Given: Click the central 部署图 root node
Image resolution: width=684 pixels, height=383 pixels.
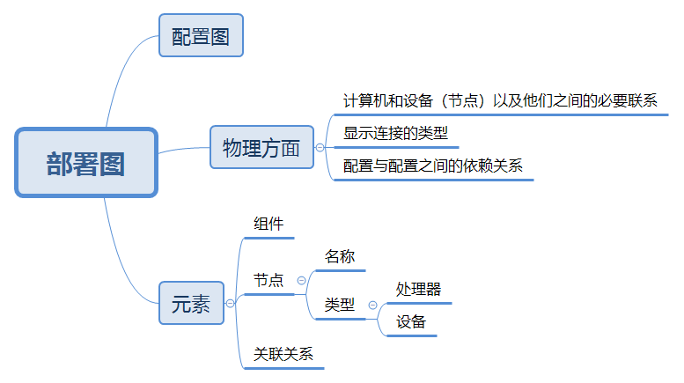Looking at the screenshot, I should (x=85, y=163).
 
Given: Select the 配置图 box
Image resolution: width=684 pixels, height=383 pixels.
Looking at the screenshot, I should (x=200, y=36).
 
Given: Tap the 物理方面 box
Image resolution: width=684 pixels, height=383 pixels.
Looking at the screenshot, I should (x=261, y=147).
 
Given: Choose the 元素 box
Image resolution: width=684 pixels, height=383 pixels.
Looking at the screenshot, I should (x=191, y=303).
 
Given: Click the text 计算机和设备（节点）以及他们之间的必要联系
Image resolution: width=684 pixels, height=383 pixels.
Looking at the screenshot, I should (x=500, y=100).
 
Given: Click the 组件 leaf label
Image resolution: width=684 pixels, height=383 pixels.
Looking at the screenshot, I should (x=268, y=225).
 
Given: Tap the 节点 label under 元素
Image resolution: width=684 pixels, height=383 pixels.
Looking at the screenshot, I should (x=268, y=280).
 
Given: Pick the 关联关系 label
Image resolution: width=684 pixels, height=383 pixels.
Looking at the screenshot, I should (x=283, y=354).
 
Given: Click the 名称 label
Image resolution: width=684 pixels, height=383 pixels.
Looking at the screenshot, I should (x=339, y=256).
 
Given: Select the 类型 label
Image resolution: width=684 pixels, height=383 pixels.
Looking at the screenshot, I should (x=339, y=305).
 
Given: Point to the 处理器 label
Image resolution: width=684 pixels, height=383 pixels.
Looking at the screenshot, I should (x=418, y=289).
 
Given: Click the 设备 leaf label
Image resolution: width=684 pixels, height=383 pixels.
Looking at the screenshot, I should (x=411, y=322).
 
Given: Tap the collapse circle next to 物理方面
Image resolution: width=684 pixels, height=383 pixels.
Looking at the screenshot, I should (x=320, y=148).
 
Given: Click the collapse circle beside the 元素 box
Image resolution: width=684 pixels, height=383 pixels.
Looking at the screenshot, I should (x=231, y=303).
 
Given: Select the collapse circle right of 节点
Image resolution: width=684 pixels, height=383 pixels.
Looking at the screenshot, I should (x=301, y=280).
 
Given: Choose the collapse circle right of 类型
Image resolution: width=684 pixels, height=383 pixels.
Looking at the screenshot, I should (x=372, y=306).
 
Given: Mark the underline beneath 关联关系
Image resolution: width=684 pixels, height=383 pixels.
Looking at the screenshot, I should (x=283, y=367).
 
